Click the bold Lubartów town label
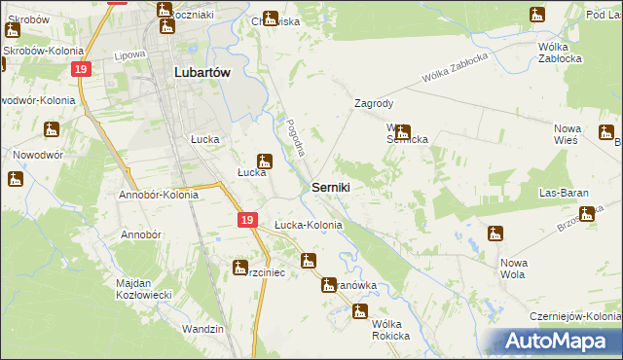pos(202,71)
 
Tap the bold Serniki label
pos(331,186)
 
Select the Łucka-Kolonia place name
pos(308,225)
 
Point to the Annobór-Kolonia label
pos(159,194)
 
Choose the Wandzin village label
pos(202,329)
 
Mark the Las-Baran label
pos(566,193)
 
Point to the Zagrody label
pos(374,102)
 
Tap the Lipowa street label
pos(128,56)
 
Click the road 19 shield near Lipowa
pos(82,69)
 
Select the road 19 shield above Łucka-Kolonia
pos(247,221)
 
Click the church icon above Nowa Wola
pos(495,233)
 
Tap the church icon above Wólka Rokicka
pos(360,312)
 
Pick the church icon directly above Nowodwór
pos(51,128)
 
